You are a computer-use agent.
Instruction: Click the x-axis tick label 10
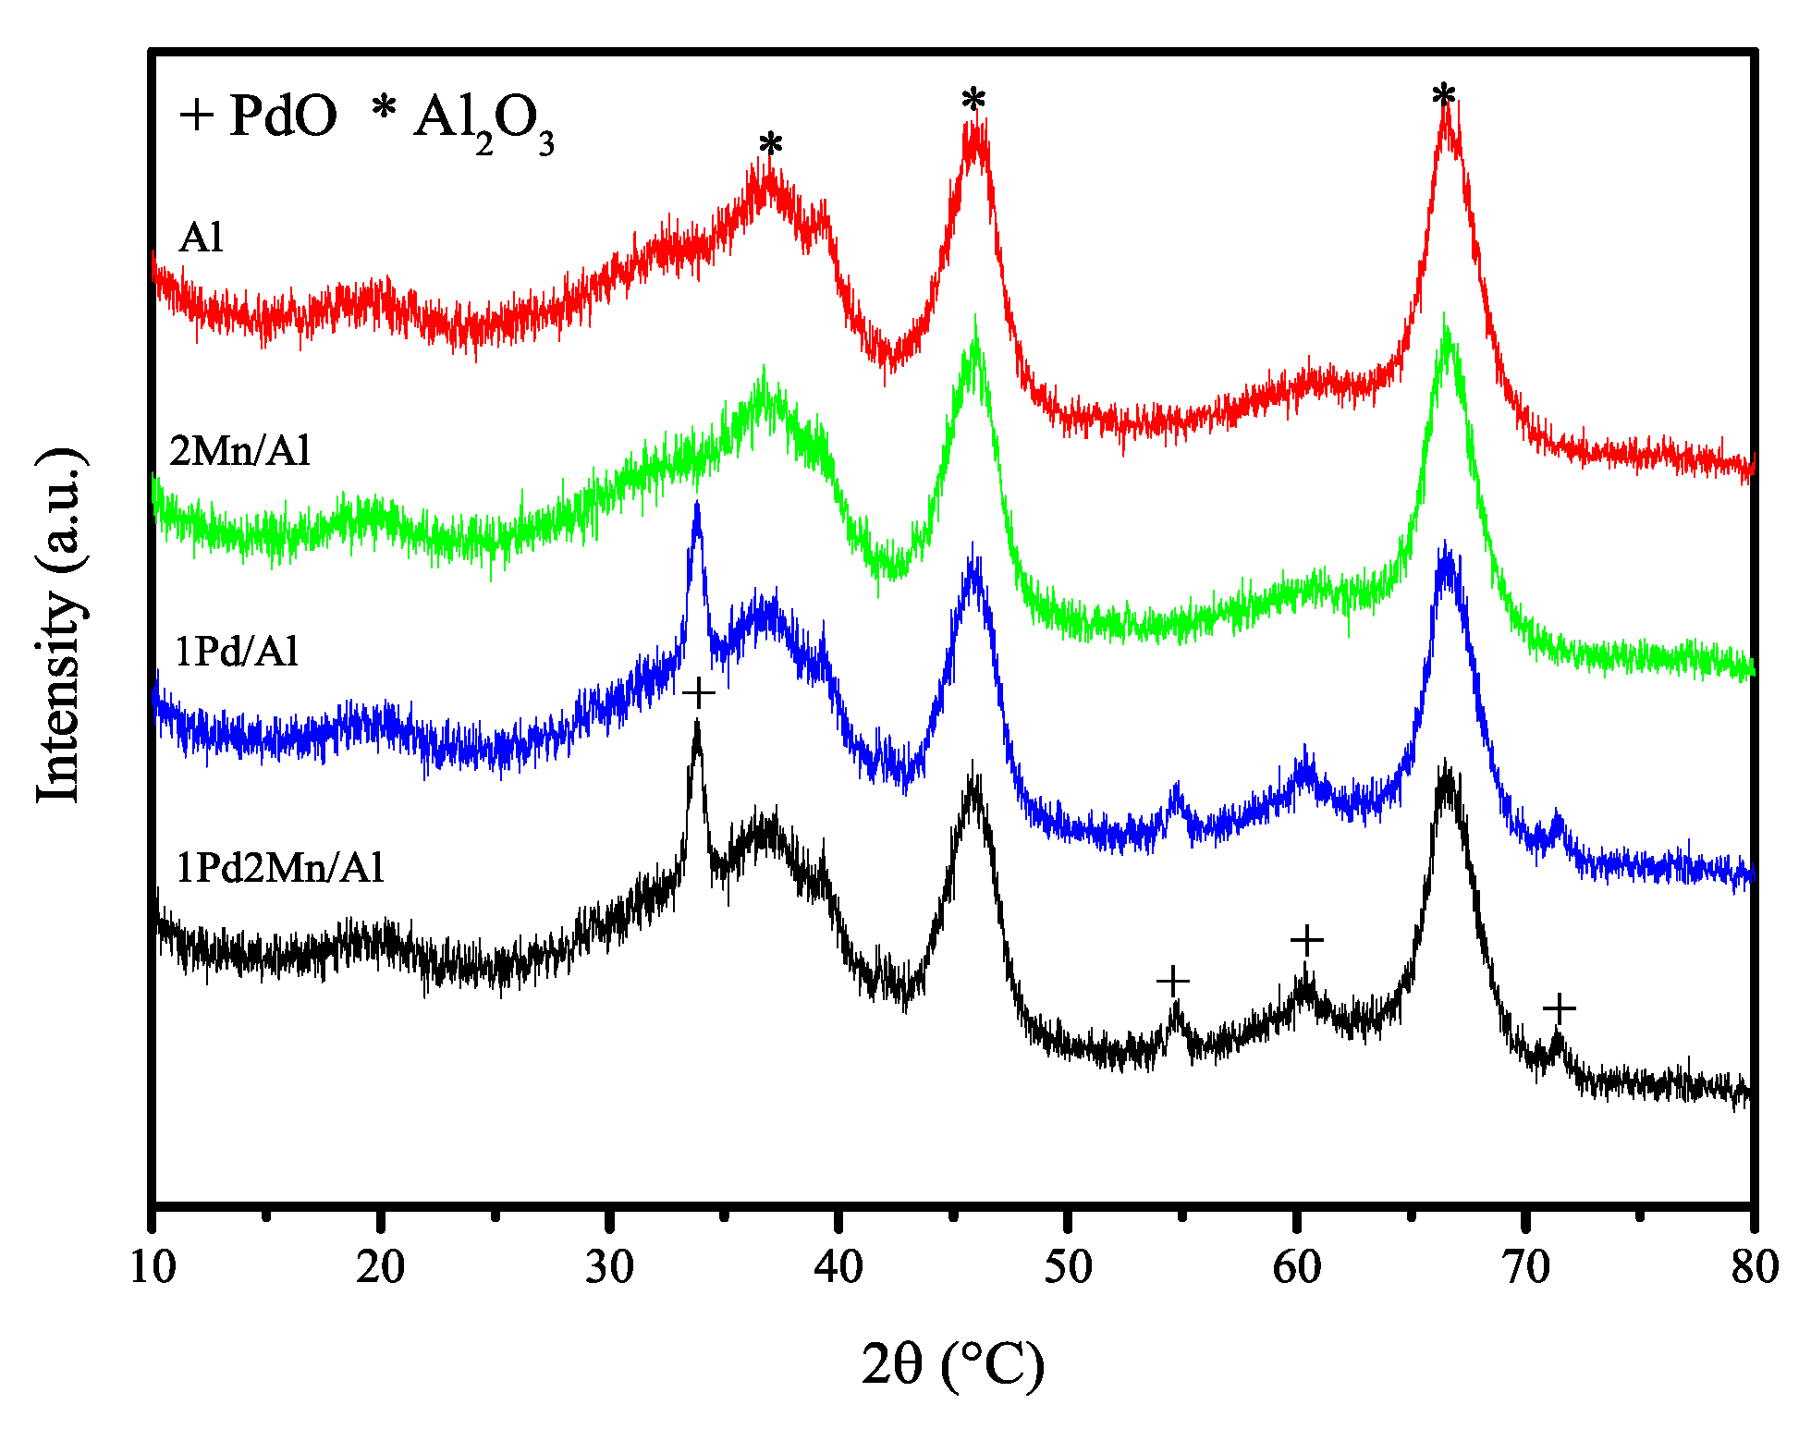(153, 1267)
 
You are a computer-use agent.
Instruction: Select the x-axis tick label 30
(609, 1267)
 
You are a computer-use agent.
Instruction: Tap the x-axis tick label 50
(1068, 1267)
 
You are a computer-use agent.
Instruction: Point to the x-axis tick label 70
(1526, 1267)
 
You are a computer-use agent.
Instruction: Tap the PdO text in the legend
(283, 116)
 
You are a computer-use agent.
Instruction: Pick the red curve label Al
(201, 238)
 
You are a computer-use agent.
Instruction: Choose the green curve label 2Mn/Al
(240, 451)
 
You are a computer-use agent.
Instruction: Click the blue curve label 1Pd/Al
(237, 652)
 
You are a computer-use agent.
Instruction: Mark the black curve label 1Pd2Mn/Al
(279, 868)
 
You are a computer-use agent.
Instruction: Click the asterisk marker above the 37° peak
(771, 146)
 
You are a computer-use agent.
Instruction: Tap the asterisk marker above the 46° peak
(973, 101)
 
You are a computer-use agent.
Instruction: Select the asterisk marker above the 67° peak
(1444, 96)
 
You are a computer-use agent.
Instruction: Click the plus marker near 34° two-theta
(699, 693)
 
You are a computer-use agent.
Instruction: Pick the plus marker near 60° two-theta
(1306, 941)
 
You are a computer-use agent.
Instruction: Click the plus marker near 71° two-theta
(1559, 1008)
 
